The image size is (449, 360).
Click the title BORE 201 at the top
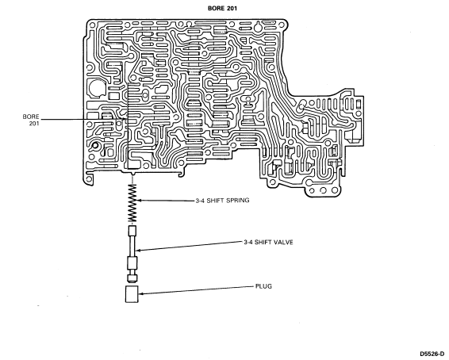coord(222,8)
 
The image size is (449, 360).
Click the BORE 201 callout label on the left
coord(31,121)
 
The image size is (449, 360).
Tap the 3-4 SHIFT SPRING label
coord(222,201)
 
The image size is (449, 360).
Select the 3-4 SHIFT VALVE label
coord(268,242)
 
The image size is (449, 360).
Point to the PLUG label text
coord(263,286)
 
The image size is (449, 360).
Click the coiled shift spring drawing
coord(132,203)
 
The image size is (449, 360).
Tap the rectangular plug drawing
coord(132,294)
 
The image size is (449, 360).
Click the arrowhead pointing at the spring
coord(140,201)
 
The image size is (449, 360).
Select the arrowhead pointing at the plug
coord(141,293)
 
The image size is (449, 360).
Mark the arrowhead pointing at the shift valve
coord(137,251)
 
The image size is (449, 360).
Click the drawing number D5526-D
coord(432,354)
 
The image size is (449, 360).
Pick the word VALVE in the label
coord(284,242)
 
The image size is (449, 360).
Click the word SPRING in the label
coord(238,201)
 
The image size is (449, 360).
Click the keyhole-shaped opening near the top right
coord(258,27)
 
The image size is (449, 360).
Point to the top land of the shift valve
coord(132,230)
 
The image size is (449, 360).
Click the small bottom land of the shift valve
coord(132,278)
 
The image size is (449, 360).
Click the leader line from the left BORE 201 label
coord(83,119)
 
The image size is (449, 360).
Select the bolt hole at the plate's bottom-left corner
coord(89,179)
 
